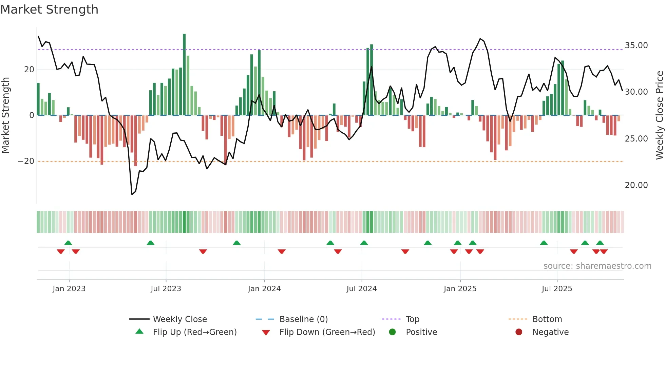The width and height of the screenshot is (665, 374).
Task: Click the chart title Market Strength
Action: [x=49, y=10]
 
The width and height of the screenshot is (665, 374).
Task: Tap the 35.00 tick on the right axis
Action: [x=636, y=45]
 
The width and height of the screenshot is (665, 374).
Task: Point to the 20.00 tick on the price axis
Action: [x=636, y=185]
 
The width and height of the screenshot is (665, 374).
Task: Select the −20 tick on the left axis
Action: [x=26, y=161]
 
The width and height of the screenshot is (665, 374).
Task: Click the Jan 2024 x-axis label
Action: [x=264, y=289]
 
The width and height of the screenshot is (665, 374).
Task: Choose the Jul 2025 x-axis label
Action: [x=557, y=289]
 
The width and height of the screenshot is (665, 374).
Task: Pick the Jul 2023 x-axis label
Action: [x=166, y=289]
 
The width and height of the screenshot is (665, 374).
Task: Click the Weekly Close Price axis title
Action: [x=659, y=115]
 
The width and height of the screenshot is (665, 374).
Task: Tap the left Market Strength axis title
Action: [x=5, y=115]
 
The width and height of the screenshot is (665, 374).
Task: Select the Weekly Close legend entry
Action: [x=179, y=319]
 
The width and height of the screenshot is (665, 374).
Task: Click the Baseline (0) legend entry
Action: [x=303, y=319]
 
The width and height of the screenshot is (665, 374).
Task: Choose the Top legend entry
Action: [x=412, y=319]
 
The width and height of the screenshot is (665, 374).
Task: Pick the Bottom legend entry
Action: [x=547, y=319]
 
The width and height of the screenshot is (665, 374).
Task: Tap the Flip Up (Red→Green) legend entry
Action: [x=194, y=332]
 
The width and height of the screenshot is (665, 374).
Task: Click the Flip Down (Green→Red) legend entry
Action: [x=327, y=332]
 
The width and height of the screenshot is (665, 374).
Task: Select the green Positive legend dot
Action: [x=392, y=332]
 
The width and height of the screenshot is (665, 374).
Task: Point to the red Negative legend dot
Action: [x=519, y=332]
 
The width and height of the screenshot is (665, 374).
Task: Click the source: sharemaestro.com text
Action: [x=597, y=266]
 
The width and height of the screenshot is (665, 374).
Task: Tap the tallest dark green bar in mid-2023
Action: [x=184, y=75]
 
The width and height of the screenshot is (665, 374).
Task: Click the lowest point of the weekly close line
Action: [x=132, y=194]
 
